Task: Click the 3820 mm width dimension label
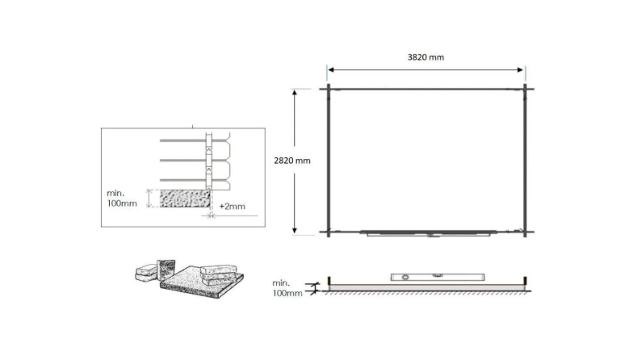click(425, 57)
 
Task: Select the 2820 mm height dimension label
click(292, 160)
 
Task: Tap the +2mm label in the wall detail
click(232, 207)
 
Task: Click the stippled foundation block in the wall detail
click(185, 199)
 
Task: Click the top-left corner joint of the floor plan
click(329, 88)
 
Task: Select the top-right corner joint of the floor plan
click(525, 88)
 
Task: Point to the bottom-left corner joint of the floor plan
click(329, 232)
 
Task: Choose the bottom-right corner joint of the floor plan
click(525, 232)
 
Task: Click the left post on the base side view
click(329, 283)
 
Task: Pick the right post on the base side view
click(526, 283)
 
